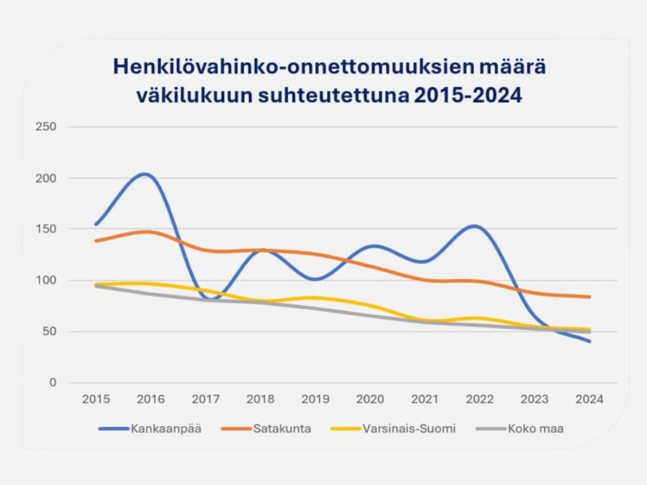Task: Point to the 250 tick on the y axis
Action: coord(47,126)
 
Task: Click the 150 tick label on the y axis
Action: coord(47,229)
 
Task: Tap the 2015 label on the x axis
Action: coord(96,399)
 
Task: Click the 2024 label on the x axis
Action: coord(589,399)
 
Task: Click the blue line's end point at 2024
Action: coord(589,341)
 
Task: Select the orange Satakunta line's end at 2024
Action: coord(589,297)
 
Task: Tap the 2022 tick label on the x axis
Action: coord(479,399)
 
